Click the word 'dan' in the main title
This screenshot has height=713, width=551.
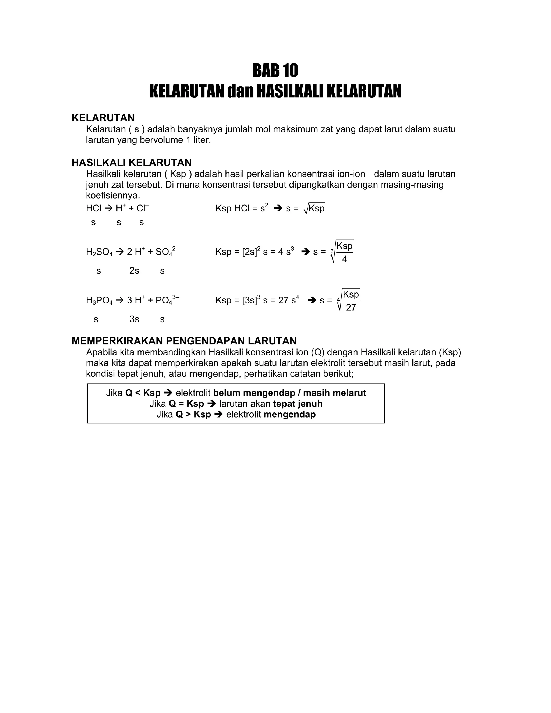[240, 91]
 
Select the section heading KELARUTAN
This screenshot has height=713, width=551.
[103, 118]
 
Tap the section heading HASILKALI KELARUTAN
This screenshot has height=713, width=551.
[132, 163]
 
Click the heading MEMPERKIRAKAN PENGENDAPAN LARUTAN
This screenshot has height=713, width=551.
[184, 341]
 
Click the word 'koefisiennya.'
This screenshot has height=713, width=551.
[113, 196]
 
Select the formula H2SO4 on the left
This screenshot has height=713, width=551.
[99, 252]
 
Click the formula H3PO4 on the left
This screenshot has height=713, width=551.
[99, 300]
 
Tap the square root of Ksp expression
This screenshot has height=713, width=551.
[314, 208]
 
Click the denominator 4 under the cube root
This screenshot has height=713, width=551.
[344, 259]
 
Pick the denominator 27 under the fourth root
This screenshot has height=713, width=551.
[351, 308]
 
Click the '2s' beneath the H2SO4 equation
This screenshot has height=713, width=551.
[134, 271]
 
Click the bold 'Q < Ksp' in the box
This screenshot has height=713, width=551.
[143, 393]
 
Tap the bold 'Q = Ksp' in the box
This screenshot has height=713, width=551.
[186, 404]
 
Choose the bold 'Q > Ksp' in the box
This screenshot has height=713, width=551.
[193, 414]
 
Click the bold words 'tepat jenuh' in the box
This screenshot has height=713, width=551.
[298, 404]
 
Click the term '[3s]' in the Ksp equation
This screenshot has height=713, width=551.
[249, 300]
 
